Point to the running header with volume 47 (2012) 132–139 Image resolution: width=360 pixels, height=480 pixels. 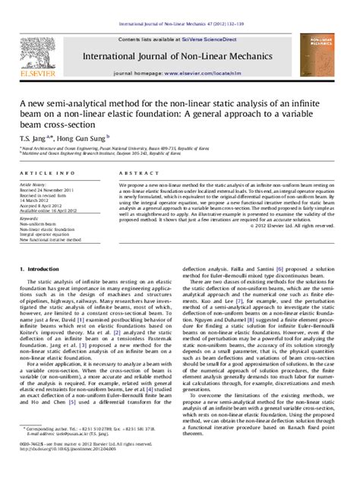point(180,6)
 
